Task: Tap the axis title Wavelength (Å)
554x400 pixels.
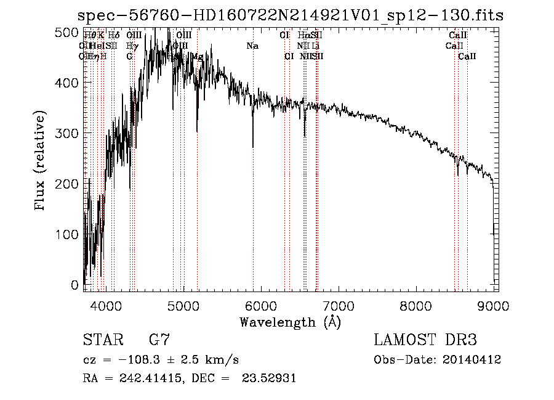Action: [x=290, y=322]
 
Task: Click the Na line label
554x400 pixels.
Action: [x=252, y=46]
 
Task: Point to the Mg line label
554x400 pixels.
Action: [x=197, y=57]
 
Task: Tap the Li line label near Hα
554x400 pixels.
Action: [x=316, y=46]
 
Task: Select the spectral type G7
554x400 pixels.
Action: [x=159, y=340]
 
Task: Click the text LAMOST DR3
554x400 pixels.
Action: [x=425, y=340]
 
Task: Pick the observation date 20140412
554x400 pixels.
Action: [x=472, y=360]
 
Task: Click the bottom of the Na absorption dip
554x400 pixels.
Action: [x=252, y=147]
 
